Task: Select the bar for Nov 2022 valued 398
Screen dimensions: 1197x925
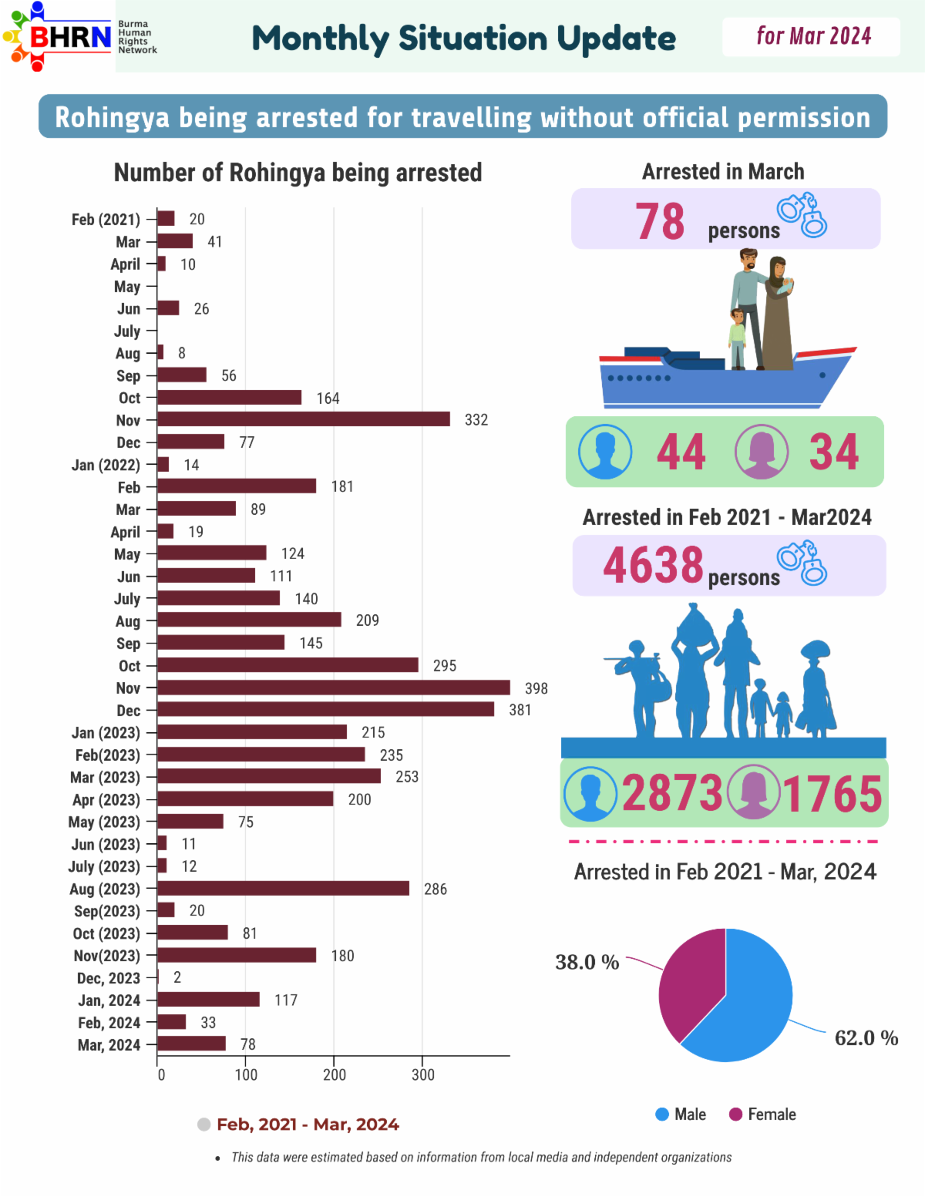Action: click(333, 688)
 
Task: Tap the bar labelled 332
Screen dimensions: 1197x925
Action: click(303, 419)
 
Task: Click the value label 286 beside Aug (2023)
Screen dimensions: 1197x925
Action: click(436, 889)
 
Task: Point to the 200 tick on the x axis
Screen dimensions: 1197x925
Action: click(335, 1074)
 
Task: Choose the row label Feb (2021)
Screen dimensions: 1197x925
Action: click(106, 220)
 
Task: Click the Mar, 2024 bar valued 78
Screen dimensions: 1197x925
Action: click(191, 1044)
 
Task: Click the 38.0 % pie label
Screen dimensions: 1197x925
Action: click(587, 962)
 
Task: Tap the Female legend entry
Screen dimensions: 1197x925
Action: click(762, 1115)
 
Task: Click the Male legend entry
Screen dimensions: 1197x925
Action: click(681, 1115)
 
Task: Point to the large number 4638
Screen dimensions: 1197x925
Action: click(653, 565)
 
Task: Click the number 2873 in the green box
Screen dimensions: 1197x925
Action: click(672, 793)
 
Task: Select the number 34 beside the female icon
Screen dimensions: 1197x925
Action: click(833, 452)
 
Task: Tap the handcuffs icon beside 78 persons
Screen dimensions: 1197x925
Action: click(802, 215)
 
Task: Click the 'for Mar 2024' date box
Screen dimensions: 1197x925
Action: click(811, 36)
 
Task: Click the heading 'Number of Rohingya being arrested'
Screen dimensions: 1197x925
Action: click(298, 173)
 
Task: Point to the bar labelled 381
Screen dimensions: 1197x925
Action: click(325, 710)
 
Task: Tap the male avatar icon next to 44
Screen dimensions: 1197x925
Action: click(605, 452)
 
